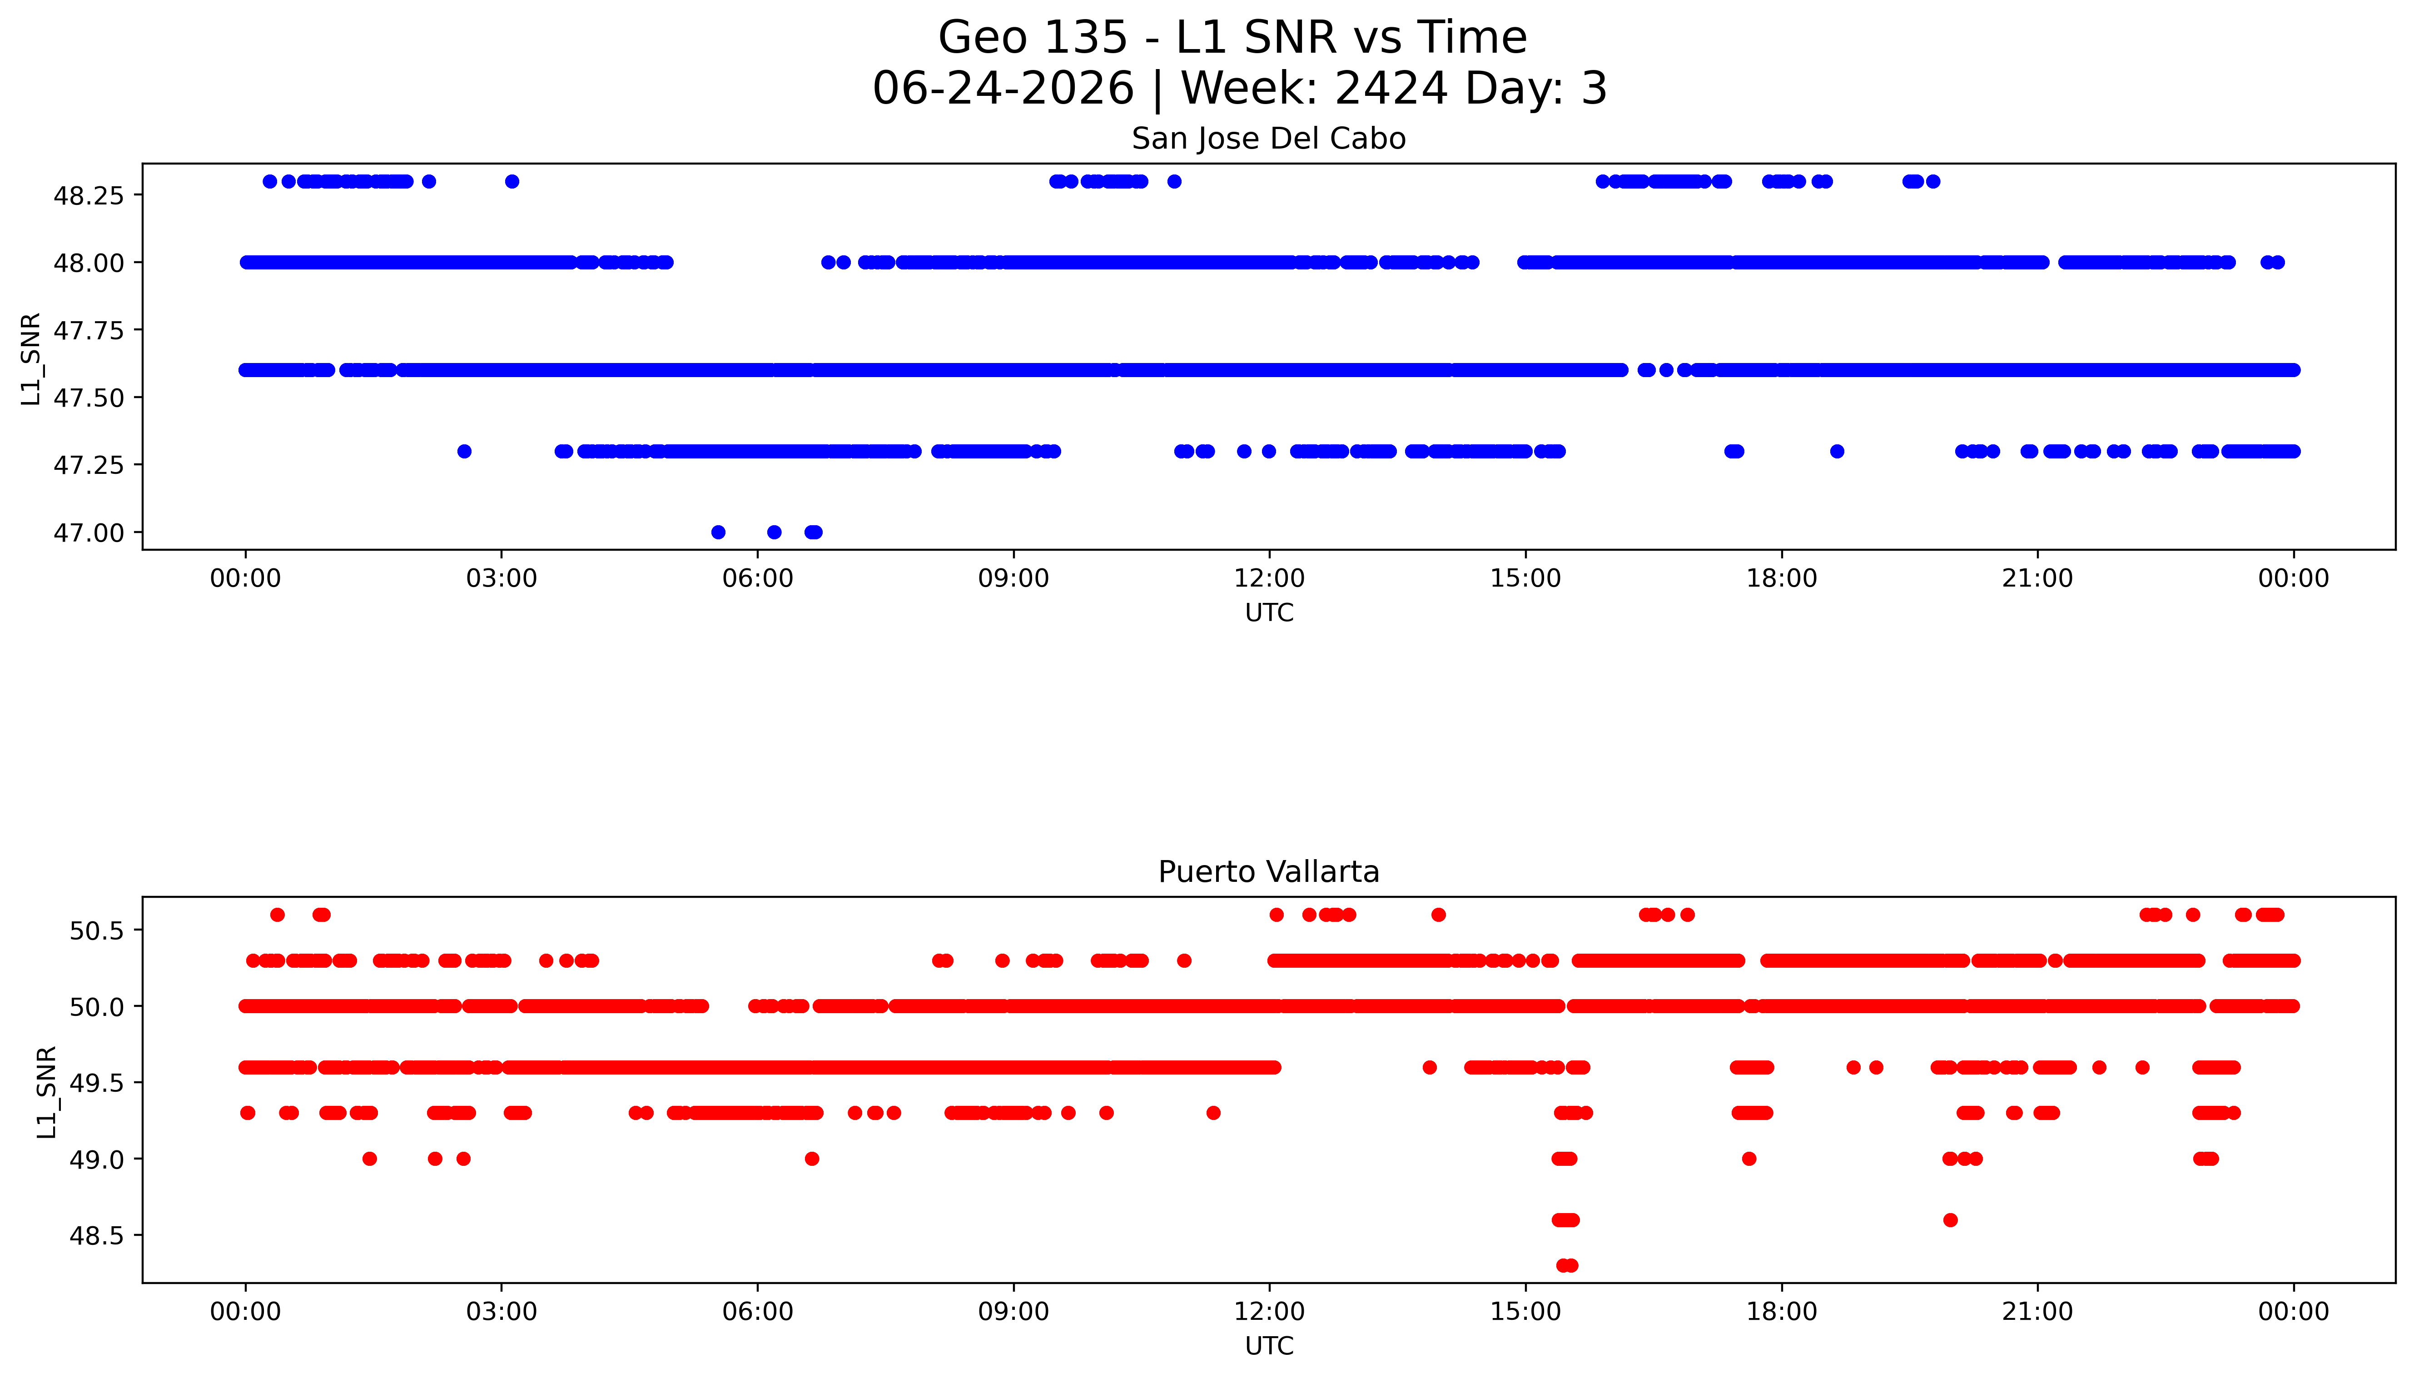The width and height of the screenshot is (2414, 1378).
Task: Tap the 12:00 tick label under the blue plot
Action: [x=1269, y=578]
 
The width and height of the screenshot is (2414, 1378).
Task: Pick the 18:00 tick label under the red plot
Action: [x=1781, y=1312]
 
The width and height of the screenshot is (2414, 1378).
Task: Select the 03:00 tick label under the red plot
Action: [x=502, y=1312]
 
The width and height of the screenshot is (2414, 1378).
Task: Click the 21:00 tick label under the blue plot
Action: [x=2037, y=578]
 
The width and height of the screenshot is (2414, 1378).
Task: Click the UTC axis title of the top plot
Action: [x=1269, y=613]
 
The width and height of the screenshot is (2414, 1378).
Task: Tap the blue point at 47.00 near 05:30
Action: [x=718, y=533]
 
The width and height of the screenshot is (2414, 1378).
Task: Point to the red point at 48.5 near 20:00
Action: [x=1950, y=1220]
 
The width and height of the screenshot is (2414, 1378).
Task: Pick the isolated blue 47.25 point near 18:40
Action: [x=1837, y=452]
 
